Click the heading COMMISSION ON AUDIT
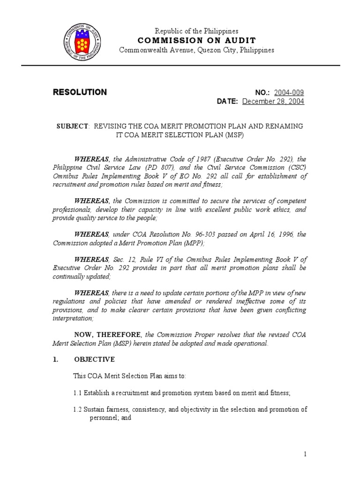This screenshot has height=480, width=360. pos(197,40)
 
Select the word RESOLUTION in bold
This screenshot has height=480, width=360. pos(80,92)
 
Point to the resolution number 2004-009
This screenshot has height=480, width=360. pos(289,93)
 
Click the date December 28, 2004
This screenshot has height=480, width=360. pos(273,102)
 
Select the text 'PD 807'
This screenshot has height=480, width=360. pos(176,168)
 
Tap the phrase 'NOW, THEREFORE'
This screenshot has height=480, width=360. pos(108,335)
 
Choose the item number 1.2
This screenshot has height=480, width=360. pos(77,409)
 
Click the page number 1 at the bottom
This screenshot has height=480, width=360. pos(305,454)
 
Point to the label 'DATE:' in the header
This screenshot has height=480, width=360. pos(227,102)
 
